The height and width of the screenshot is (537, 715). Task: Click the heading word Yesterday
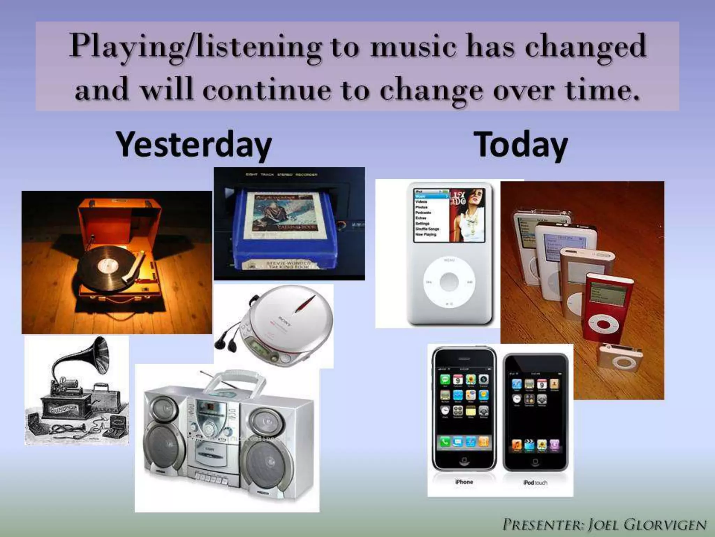[194, 145]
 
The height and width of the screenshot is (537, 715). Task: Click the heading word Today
[522, 145]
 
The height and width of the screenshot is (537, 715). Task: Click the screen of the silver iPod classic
[449, 215]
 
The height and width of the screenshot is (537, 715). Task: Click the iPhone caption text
[464, 482]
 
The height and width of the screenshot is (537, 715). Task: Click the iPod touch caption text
[535, 482]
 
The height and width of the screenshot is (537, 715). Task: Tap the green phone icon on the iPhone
[445, 442]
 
